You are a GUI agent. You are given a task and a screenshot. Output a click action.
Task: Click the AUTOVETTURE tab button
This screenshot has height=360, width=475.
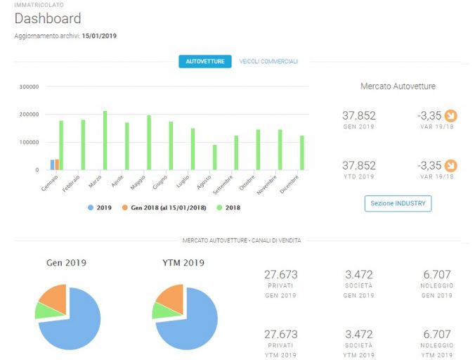[205, 61]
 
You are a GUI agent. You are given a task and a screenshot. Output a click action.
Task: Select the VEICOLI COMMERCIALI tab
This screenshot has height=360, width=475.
[268, 61]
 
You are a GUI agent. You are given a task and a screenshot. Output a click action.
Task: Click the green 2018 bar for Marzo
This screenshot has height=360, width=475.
[105, 141]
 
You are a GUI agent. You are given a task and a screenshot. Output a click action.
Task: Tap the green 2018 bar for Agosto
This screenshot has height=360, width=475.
[215, 157]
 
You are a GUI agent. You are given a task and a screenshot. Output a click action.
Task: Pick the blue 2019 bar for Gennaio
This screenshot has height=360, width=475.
[53, 165]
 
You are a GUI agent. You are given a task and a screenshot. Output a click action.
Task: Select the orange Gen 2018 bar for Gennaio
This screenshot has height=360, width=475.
[57, 165]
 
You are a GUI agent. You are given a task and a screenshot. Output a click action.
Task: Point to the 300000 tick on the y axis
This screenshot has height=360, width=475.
[29, 86]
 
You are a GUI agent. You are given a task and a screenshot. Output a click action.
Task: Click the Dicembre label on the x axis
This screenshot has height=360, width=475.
[289, 184]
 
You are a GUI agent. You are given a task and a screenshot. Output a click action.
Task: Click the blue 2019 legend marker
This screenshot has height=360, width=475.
[90, 207]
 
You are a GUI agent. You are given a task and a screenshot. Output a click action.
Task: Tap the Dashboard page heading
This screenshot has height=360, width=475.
[48, 18]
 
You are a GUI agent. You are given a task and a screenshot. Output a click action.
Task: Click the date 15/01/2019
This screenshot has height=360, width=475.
[99, 36]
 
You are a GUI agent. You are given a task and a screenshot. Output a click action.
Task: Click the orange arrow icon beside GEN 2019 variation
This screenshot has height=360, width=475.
[451, 115]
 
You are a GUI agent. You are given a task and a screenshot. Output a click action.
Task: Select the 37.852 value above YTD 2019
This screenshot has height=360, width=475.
[359, 165]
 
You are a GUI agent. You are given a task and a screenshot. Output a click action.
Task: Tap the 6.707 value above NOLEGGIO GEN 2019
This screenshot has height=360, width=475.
[437, 274]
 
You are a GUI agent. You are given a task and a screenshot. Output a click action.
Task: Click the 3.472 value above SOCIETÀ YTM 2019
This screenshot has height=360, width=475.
[359, 334]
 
